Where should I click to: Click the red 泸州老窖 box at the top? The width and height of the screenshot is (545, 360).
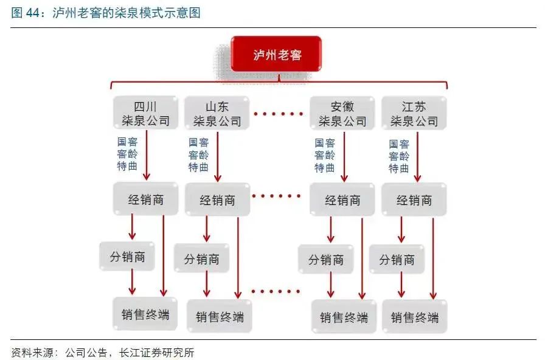[x=277, y=55]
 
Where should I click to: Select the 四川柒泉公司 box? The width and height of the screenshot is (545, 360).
[x=145, y=113]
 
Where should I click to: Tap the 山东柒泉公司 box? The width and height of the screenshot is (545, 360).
[x=217, y=113]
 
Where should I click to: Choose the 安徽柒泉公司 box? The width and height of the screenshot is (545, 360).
[x=342, y=113]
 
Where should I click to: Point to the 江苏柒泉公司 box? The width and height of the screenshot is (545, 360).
[x=414, y=113]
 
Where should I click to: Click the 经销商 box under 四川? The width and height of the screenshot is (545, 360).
[x=145, y=199]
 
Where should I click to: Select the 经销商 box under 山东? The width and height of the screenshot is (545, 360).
[x=217, y=200]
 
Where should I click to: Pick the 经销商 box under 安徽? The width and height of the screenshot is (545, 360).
[x=342, y=200]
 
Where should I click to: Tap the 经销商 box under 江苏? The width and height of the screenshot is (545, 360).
[x=414, y=200]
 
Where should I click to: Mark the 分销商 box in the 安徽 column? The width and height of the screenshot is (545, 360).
[x=325, y=260]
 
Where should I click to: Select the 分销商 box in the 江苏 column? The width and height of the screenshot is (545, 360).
[x=397, y=260]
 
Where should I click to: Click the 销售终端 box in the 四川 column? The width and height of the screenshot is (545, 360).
[x=145, y=314]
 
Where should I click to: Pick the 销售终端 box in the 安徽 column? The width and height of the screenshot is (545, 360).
[x=344, y=317]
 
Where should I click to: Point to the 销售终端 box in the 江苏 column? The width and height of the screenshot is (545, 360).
[x=415, y=317]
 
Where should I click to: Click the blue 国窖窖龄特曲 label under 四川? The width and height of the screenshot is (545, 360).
[x=128, y=153]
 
